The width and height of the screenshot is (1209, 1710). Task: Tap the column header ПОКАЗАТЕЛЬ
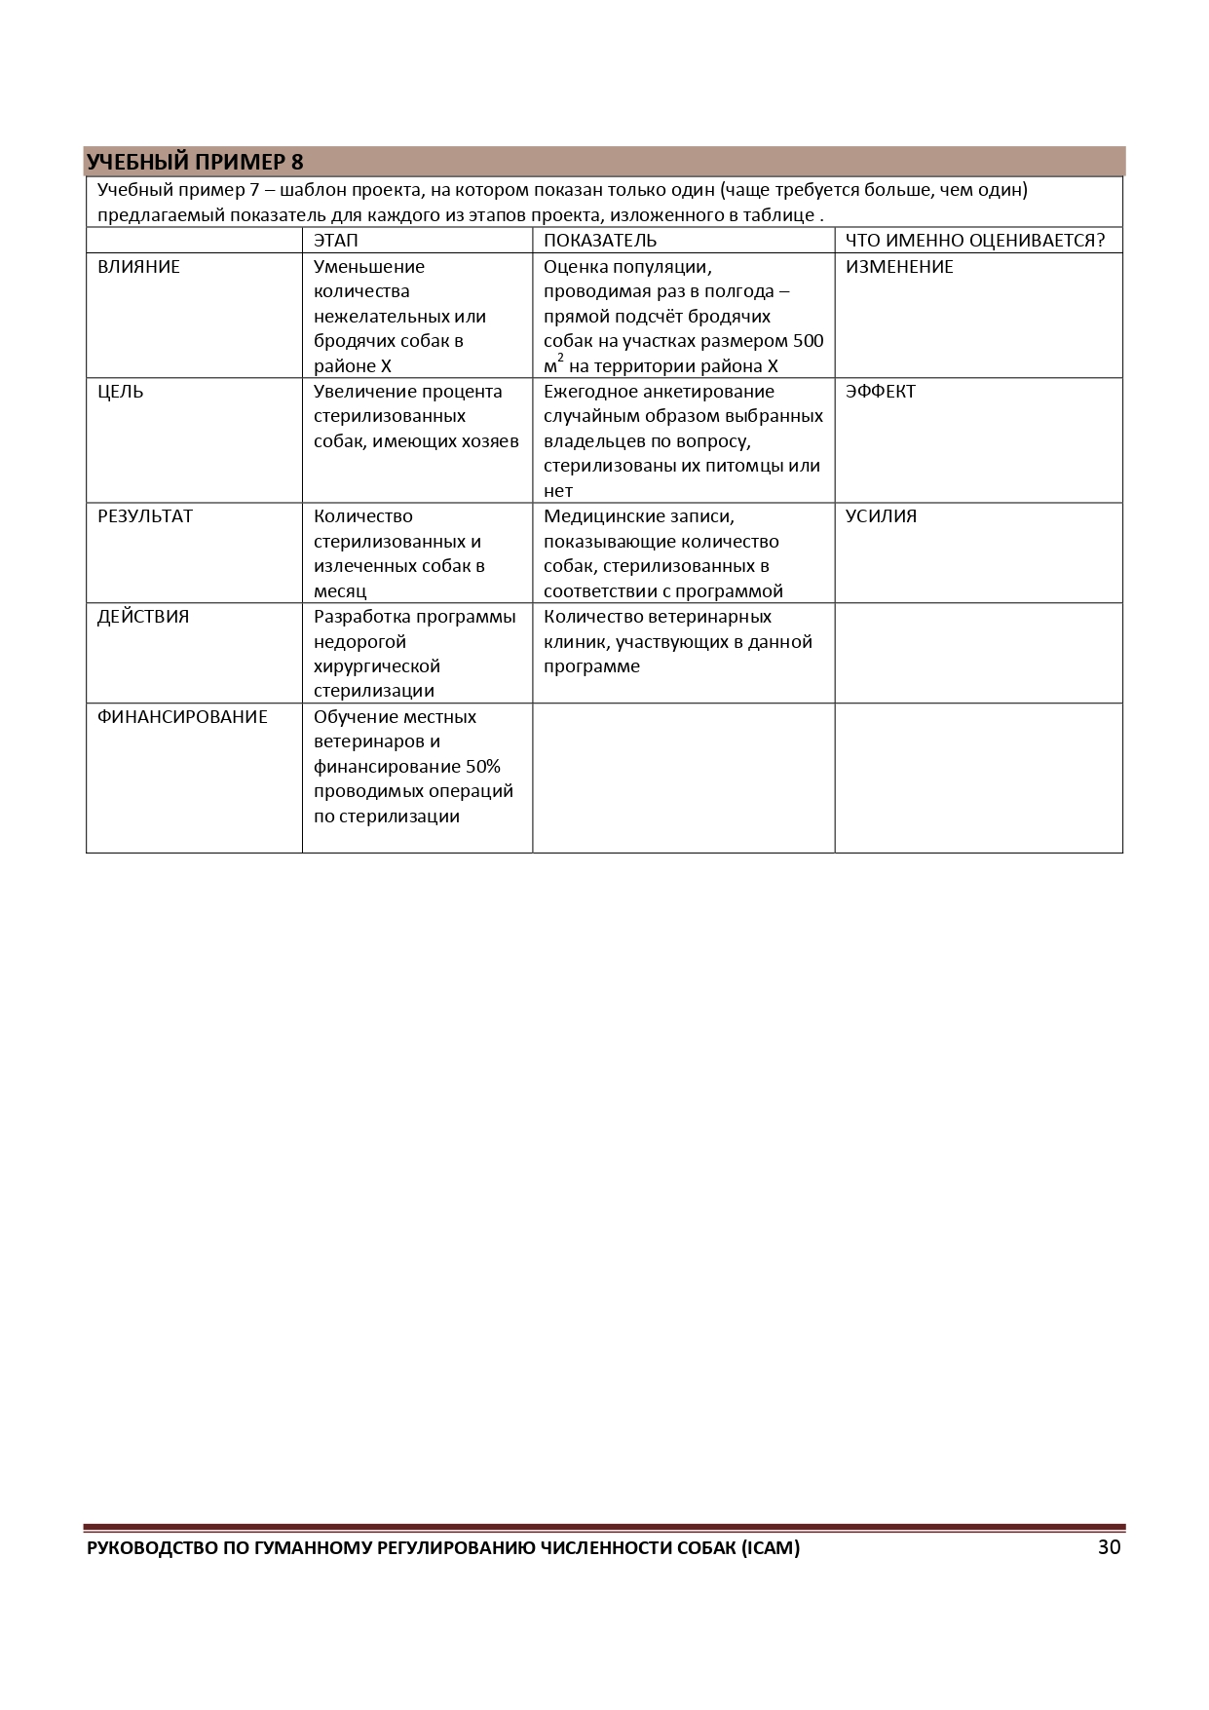600,241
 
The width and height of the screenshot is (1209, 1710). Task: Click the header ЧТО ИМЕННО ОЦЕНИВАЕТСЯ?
975,241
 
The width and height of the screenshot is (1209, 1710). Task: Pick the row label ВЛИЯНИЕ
138,267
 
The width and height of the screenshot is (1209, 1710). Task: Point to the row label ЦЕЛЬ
120,392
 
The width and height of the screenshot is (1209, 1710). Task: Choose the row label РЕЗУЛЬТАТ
145,516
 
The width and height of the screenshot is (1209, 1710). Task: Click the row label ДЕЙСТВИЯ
143,617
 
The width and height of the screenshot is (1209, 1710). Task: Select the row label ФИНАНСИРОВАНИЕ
182,717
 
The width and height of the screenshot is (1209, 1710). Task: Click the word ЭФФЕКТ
881,392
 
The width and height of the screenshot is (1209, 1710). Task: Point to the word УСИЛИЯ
881,516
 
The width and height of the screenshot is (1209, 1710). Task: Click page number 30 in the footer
1109,1547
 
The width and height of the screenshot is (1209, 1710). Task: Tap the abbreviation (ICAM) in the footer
770,1548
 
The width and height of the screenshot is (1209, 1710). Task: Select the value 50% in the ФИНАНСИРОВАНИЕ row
482,767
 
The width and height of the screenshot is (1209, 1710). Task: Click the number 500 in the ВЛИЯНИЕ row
808,341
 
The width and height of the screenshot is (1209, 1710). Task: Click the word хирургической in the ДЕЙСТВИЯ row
377,666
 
